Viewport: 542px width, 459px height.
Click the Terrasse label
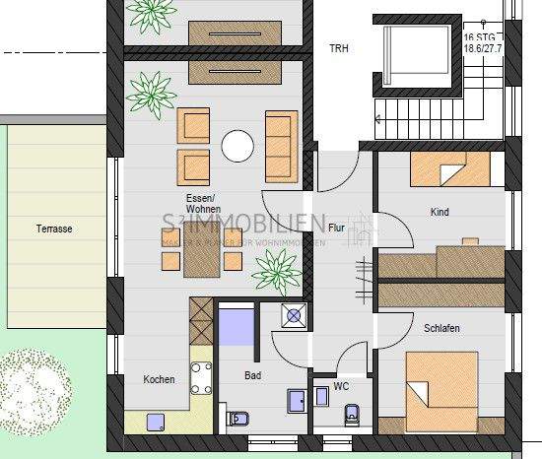pyautogui.click(x=54, y=229)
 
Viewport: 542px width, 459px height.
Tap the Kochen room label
pyautogui.click(x=159, y=379)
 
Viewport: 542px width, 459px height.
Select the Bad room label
pyautogui.click(x=253, y=375)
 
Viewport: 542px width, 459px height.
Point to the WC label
pyautogui.click(x=341, y=386)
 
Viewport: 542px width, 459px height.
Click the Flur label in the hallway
pyautogui.click(x=336, y=227)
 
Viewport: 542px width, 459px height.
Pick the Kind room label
pyautogui.click(x=440, y=212)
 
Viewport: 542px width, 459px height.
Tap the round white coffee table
pyautogui.click(x=237, y=147)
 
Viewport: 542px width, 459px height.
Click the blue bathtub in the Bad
pyautogui.click(x=237, y=326)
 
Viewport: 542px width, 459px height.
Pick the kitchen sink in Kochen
pyautogui.click(x=156, y=422)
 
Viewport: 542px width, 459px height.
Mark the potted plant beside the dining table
pyautogui.click(x=277, y=268)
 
